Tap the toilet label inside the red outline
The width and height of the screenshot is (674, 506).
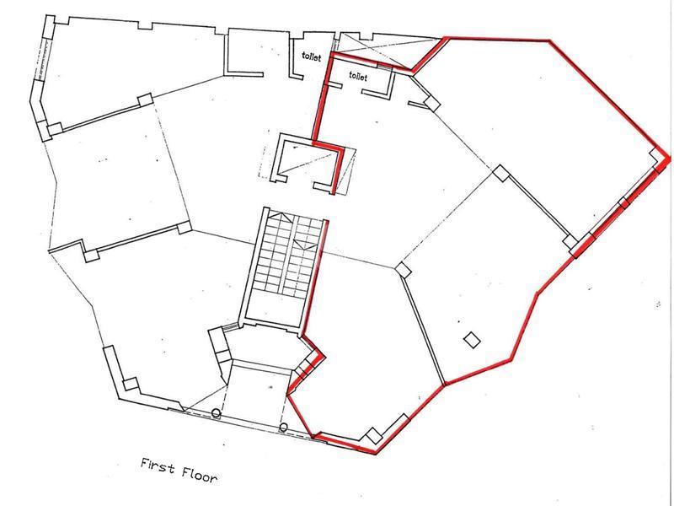pos(357,77)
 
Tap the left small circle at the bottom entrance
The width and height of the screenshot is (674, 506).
pos(217,414)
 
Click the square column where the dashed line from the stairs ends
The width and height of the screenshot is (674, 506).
pos(404,271)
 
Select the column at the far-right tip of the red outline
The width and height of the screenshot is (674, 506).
pos(655,154)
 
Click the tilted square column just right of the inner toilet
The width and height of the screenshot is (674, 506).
pos(431,103)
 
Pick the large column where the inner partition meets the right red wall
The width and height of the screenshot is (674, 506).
pos(574,246)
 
